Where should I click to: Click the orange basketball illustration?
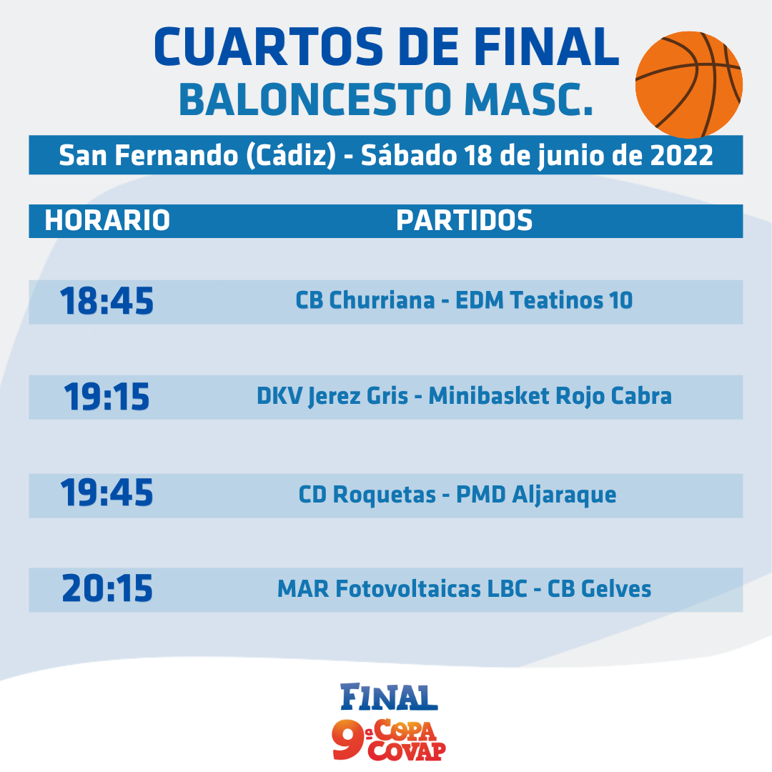tap(689, 84)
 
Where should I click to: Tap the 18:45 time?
tap(107, 301)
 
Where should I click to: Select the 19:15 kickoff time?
tap(107, 397)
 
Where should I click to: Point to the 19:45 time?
tap(107, 493)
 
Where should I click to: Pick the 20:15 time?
tap(107, 588)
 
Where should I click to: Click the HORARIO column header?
tap(107, 220)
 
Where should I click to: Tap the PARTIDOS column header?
tap(465, 220)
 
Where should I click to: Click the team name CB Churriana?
tap(365, 300)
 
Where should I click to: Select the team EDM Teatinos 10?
tap(544, 300)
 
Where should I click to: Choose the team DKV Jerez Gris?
tap(332, 397)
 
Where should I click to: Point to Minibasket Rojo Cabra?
tap(550, 396)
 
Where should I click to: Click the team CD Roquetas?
tap(367, 495)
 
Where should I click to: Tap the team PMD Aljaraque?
tap(536, 495)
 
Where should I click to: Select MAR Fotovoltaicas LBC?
tap(402, 589)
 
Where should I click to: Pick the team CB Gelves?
tap(599, 589)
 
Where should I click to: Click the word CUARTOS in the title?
tap(269, 46)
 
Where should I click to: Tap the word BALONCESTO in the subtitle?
tap(315, 100)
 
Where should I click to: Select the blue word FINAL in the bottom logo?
tap(389, 697)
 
